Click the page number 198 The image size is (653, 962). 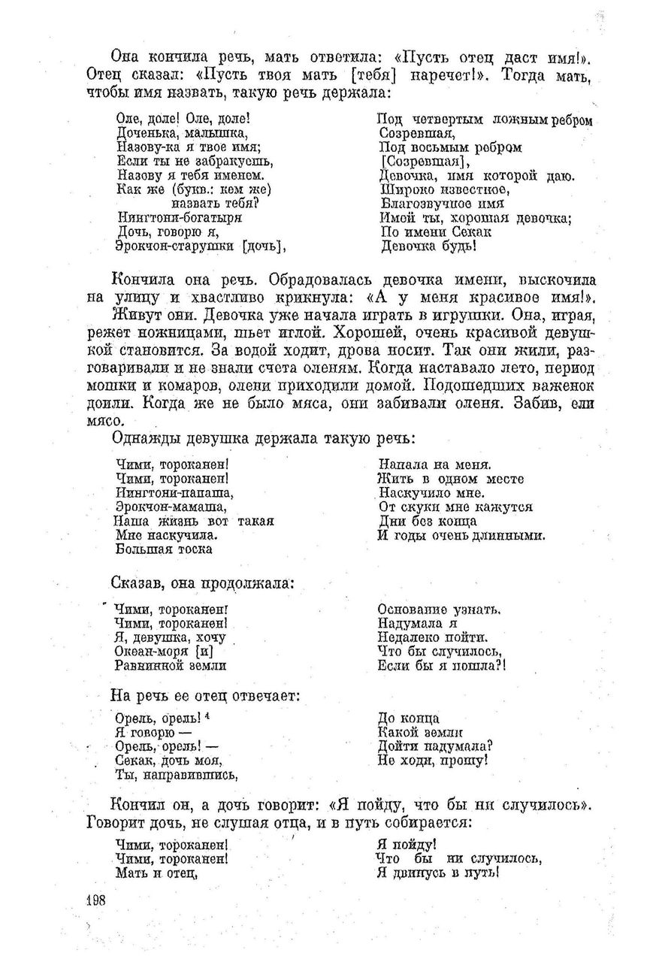96,902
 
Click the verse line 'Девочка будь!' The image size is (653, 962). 428,246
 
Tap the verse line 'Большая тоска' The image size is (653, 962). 164,549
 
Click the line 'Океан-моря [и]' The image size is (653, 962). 165,651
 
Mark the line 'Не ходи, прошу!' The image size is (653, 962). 434,760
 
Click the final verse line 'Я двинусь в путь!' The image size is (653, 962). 437,873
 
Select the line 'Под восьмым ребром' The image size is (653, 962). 450,147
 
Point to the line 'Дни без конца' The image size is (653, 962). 428,521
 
